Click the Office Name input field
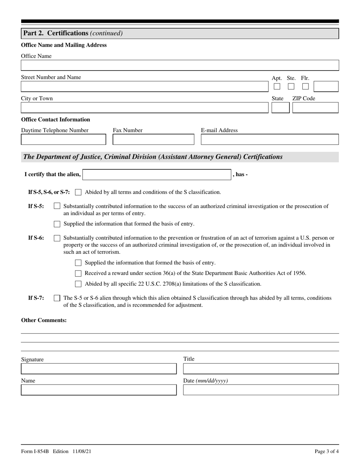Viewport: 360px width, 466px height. coord(180,65)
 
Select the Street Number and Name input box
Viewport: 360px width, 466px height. coord(144,86)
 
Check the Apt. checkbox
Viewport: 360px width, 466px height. coord(277,86)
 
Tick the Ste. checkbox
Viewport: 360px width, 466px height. coord(291,86)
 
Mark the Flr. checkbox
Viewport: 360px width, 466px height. coord(305,86)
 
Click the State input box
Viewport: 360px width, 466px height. coord(280,108)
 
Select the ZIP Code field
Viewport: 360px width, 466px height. coord(315,108)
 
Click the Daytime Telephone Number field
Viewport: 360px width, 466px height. coord(63,139)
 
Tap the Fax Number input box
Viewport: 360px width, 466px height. coord(153,139)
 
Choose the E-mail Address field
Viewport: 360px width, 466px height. coord(269,139)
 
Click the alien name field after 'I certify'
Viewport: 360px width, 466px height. coord(157,175)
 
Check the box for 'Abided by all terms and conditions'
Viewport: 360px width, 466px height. coord(78,192)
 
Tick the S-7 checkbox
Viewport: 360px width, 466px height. coord(57,298)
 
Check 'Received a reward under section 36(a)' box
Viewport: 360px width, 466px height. coord(78,273)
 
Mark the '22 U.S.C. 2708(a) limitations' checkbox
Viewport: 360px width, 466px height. coord(78,284)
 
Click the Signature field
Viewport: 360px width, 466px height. coord(99,369)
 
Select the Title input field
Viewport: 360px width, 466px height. coord(261,369)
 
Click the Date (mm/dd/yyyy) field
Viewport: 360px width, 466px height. coord(261,390)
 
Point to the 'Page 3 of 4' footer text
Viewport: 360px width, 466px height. coord(327,451)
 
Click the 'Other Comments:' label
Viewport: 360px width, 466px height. coord(44,320)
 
